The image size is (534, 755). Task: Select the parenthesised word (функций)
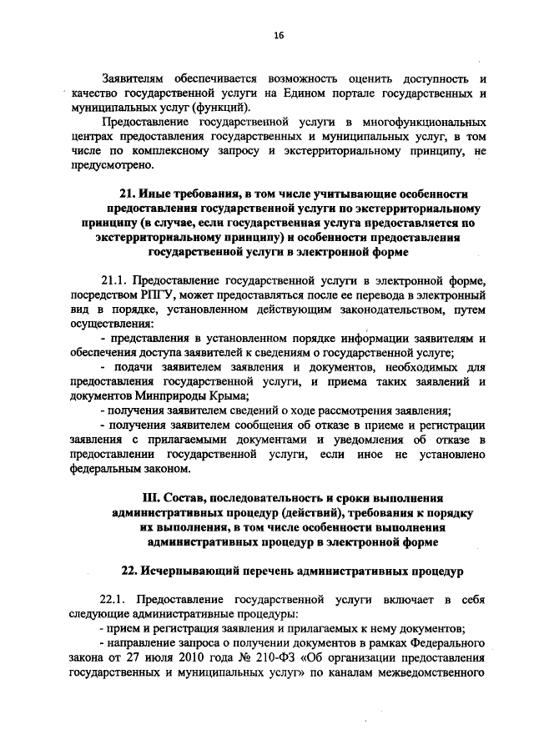(220, 108)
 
